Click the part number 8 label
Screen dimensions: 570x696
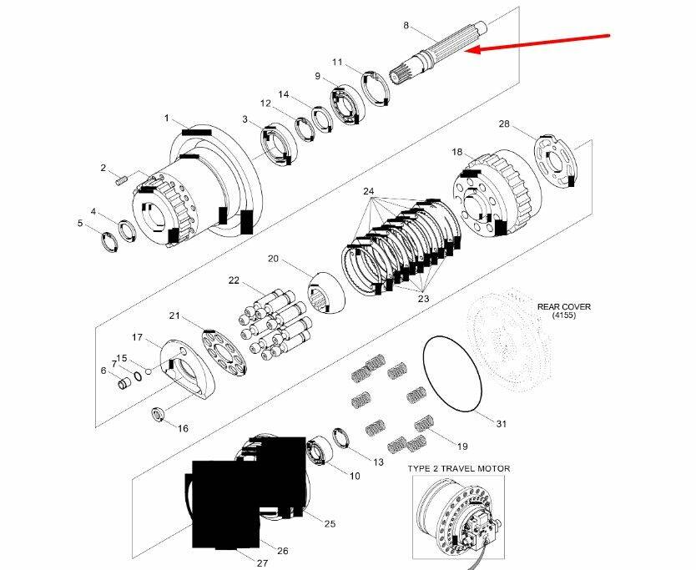(406, 26)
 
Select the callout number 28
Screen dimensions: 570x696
(504, 124)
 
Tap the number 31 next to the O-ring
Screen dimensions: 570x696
(501, 424)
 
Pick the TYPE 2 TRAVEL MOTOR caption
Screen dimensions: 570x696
(458, 468)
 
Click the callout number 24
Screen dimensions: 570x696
(369, 191)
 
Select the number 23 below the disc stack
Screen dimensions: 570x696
(423, 298)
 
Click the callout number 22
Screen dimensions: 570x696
(234, 280)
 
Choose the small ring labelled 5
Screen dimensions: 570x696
(108, 242)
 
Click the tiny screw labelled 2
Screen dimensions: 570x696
(121, 179)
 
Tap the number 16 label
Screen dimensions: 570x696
(182, 429)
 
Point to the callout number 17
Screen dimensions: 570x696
(138, 337)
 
